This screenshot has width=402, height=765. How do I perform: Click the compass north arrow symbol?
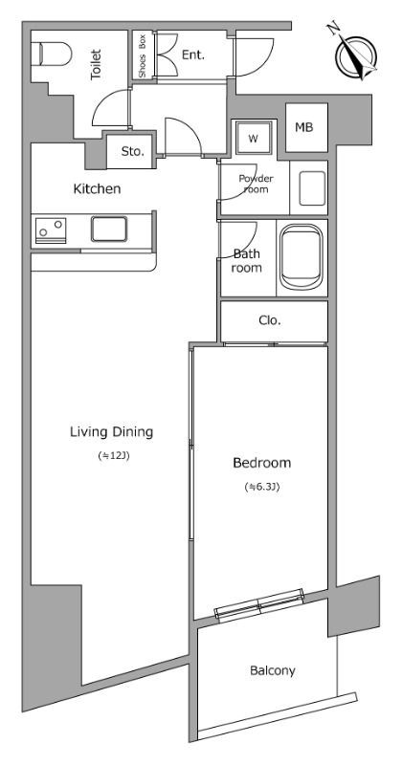(x=355, y=55)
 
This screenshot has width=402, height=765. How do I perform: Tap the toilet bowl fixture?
(x=52, y=54)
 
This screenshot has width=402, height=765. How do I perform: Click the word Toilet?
(x=96, y=64)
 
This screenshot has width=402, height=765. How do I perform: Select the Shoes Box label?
(x=143, y=55)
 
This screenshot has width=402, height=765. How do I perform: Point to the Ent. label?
(x=193, y=55)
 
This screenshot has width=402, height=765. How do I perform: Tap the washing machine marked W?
(x=253, y=138)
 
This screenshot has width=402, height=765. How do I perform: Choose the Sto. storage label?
(x=133, y=152)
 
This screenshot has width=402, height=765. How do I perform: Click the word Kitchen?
(x=97, y=188)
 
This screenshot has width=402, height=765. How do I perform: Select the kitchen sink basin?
(x=109, y=229)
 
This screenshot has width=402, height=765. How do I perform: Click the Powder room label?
(x=256, y=184)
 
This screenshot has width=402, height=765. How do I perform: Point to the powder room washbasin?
(x=312, y=188)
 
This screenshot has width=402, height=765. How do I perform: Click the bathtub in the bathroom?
(x=301, y=256)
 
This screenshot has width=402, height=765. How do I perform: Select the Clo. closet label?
(x=270, y=320)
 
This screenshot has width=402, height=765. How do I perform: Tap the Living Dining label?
(x=111, y=432)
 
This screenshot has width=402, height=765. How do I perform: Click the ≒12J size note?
(x=113, y=457)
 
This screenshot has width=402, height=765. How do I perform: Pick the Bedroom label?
(x=262, y=463)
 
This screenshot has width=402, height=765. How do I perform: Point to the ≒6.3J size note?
(x=262, y=487)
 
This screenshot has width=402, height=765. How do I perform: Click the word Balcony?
(x=273, y=671)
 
